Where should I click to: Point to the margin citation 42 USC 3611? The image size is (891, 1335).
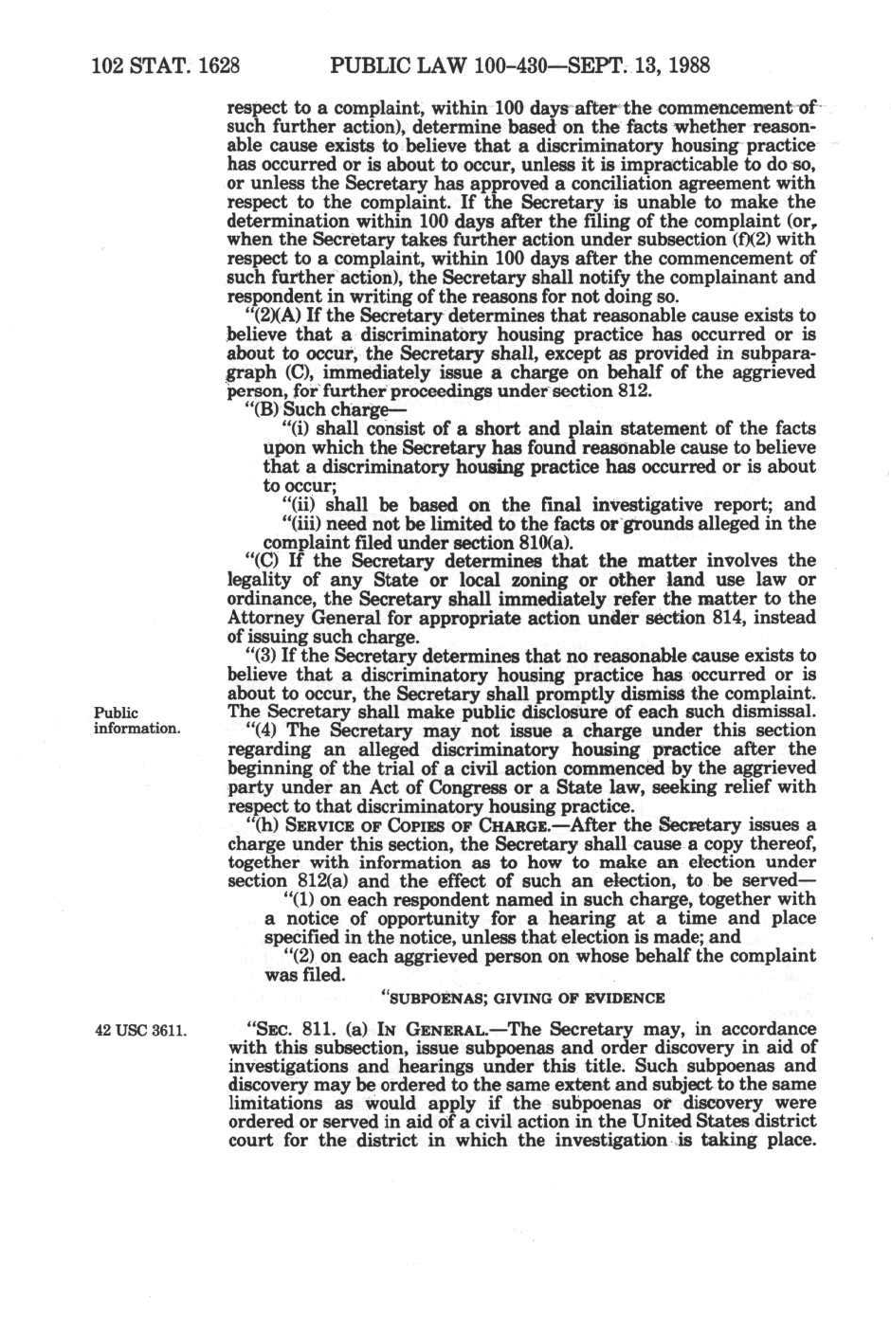pyautogui.click(x=139, y=1030)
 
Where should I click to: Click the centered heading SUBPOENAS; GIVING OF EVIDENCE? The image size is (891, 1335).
pyautogui.click(x=522, y=998)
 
